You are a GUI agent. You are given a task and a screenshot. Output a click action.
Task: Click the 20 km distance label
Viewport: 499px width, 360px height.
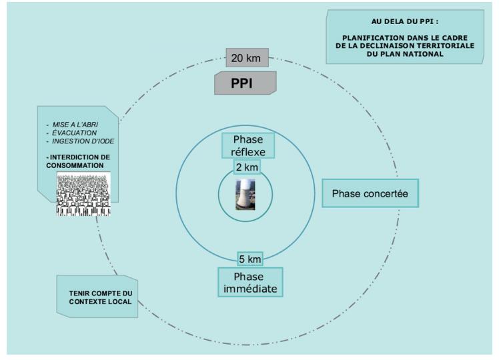click(246, 58)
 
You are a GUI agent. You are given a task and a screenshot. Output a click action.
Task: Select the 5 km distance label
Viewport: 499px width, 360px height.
click(250, 258)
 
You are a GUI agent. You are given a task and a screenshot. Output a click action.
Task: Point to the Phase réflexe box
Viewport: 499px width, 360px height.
click(248, 145)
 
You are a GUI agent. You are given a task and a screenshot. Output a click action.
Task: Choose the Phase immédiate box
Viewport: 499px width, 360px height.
click(250, 282)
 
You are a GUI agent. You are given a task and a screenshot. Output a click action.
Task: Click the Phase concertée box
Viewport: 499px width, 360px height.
click(370, 193)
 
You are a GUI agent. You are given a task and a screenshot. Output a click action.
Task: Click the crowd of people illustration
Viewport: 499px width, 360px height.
click(83, 194)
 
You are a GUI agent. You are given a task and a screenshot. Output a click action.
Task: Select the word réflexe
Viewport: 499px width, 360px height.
click(248, 151)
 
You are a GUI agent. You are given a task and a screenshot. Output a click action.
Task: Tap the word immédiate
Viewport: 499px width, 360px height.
click(250, 289)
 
